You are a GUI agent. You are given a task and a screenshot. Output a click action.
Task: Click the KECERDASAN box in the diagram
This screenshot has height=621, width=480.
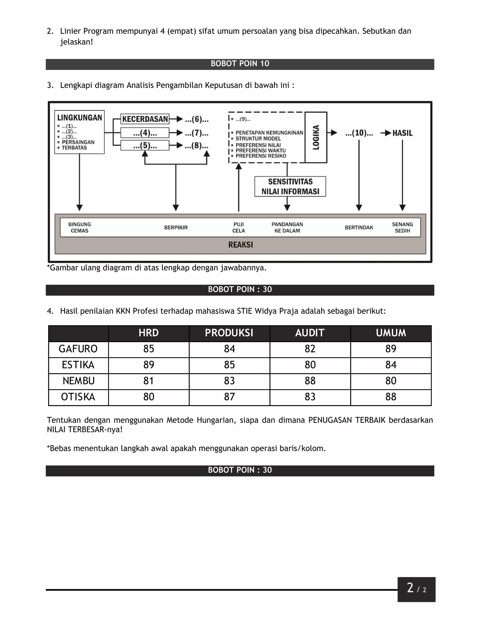tap(145, 119)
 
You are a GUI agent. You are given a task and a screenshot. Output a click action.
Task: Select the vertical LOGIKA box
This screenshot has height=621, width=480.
tap(316, 137)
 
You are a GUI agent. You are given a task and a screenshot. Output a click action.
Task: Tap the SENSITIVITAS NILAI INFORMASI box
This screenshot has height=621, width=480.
tap(290, 187)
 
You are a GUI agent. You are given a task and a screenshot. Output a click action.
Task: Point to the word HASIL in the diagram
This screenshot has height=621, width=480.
tap(402, 133)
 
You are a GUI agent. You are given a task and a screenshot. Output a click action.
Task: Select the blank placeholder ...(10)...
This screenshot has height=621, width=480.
tap(359, 133)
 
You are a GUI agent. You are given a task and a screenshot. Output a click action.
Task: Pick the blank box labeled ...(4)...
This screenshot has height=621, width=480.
tap(145, 133)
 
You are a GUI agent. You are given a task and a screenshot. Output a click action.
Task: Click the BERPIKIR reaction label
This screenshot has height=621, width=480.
tap(176, 228)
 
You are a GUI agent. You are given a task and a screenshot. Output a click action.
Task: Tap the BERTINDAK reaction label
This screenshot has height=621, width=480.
tap(359, 228)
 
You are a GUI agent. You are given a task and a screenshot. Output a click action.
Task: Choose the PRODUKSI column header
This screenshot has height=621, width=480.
tap(229, 333)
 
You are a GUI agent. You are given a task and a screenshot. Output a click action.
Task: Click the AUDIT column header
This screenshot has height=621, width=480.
tap(310, 333)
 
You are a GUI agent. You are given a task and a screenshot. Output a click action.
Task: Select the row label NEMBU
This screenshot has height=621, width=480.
tap(79, 381)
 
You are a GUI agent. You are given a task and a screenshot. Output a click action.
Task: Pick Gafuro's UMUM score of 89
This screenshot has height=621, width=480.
tap(391, 349)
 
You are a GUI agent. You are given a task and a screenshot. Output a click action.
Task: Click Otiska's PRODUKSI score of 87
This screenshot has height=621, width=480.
tap(229, 397)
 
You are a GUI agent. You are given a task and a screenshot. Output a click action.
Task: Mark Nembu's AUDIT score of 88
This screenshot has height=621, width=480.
tap(310, 381)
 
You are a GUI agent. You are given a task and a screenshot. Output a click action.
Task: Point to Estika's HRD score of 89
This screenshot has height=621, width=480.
tap(148, 365)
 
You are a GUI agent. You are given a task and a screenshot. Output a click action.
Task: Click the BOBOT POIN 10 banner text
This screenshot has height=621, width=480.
tap(240, 64)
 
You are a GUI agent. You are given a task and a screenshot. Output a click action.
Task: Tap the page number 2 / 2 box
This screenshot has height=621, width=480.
tap(416, 589)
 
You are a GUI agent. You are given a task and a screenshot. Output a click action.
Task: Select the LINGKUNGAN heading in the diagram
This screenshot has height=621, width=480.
tap(80, 118)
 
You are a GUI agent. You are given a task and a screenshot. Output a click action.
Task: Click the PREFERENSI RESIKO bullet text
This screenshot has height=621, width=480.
tap(261, 156)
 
